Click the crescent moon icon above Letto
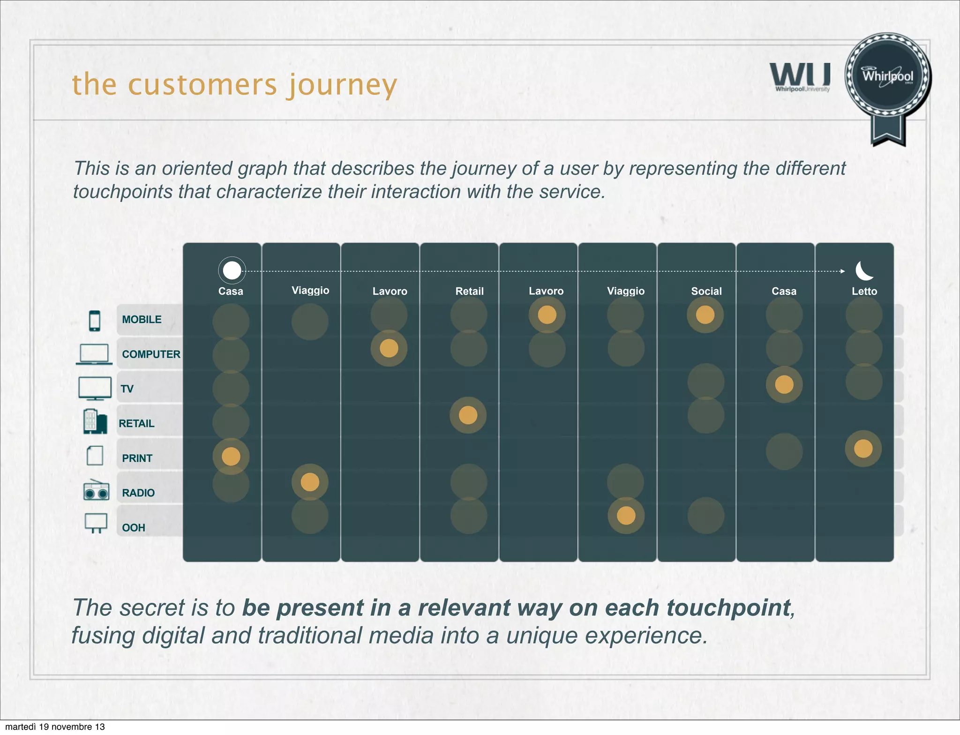(864, 270)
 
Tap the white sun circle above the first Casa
(232, 270)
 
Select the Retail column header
(469, 291)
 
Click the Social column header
(706, 291)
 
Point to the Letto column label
(864, 291)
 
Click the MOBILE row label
(142, 320)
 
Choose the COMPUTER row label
(151, 354)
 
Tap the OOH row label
(134, 528)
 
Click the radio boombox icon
(96, 491)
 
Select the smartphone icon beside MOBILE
(95, 321)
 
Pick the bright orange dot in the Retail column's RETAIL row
(468, 415)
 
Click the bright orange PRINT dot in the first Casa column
(231, 456)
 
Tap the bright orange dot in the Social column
(705, 315)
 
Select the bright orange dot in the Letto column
(863, 449)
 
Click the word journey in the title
(342, 85)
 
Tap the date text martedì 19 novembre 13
(55, 727)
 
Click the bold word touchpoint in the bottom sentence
(728, 608)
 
